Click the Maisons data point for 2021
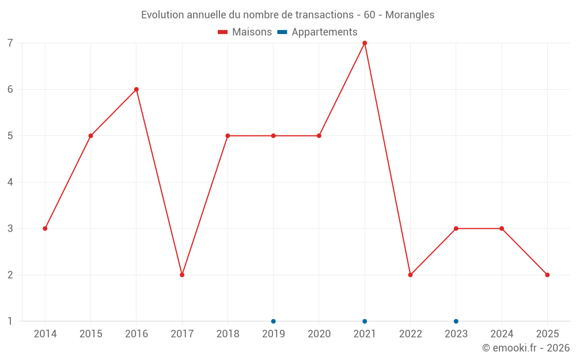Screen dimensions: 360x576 click(x=365, y=43)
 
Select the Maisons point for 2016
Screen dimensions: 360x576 click(x=137, y=89)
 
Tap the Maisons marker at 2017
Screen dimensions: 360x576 click(x=182, y=275)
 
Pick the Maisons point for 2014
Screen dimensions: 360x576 click(x=45, y=229)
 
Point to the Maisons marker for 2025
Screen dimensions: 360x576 click(x=547, y=275)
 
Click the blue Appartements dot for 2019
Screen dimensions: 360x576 click(x=274, y=321)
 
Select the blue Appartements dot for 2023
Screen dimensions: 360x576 click(x=456, y=321)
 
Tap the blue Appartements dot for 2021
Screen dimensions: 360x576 click(x=365, y=321)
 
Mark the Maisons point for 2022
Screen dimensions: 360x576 click(x=410, y=275)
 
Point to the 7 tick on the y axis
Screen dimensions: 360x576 click(x=10, y=43)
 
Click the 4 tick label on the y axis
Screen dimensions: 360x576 click(x=10, y=182)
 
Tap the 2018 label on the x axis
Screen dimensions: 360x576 click(x=228, y=334)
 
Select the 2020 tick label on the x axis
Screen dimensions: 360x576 click(x=319, y=334)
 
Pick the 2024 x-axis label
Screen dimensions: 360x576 click(x=502, y=334)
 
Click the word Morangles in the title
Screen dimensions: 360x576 click(x=410, y=15)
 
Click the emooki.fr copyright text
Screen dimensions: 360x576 click(x=526, y=348)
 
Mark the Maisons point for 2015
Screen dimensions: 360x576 click(x=90, y=136)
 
